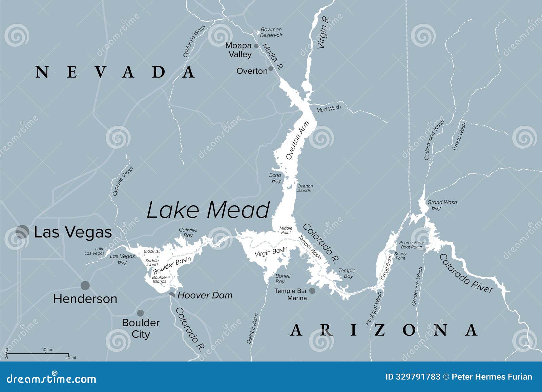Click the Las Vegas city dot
(x=22, y=232)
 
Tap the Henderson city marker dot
(x=85, y=285)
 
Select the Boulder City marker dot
(x=140, y=313)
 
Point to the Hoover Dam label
(x=205, y=295)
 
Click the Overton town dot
(x=271, y=69)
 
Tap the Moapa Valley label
(x=238, y=50)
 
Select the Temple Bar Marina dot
(x=312, y=291)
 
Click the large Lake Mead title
(x=208, y=210)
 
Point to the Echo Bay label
(x=275, y=178)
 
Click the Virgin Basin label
(x=271, y=252)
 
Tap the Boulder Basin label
(x=172, y=265)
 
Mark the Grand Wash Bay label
(x=442, y=205)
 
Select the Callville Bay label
(x=188, y=232)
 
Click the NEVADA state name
(x=115, y=72)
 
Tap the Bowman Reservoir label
(x=271, y=33)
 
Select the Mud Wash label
(x=328, y=109)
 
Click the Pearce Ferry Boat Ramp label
(x=411, y=245)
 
